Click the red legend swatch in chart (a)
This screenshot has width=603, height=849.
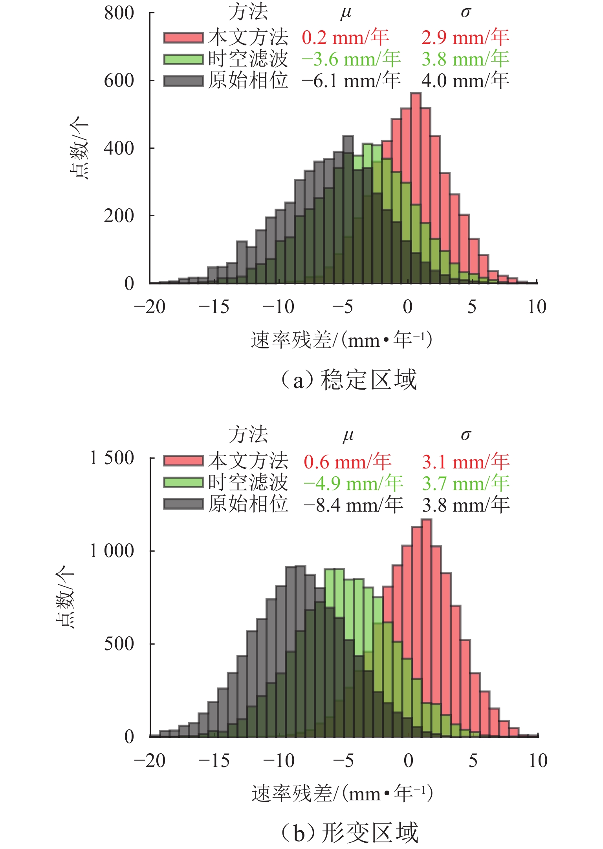[x=183, y=38]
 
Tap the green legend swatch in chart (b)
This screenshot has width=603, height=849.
[x=183, y=482]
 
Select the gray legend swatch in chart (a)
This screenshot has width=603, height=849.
[x=183, y=81]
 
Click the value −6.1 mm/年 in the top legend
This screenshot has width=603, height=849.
[x=351, y=81]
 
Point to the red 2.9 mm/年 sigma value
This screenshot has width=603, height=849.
[x=465, y=38]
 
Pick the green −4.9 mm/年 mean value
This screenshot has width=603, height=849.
[x=353, y=483]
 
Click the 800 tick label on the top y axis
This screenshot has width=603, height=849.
[x=119, y=13]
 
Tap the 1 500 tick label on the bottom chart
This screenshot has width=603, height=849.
[x=112, y=458]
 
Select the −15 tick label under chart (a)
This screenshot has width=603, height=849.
[x=214, y=307]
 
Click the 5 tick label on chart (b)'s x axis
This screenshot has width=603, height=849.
[x=473, y=761]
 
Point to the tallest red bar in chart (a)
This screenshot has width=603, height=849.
[x=416, y=188]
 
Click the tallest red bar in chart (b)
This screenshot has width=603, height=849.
[x=426, y=628]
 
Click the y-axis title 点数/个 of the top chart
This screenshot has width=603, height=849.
[x=79, y=148]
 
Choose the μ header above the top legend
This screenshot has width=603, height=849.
[x=346, y=13]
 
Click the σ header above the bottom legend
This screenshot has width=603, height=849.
[x=466, y=435]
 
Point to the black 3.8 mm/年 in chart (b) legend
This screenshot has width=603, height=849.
[x=466, y=505]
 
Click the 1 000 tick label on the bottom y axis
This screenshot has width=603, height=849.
[x=112, y=551]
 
